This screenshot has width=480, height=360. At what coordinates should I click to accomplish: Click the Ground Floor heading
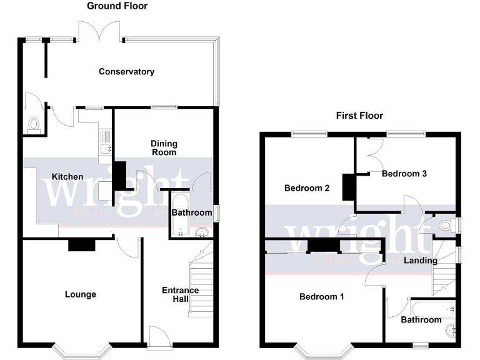(117, 6)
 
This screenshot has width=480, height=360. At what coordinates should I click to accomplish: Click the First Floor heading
(359, 116)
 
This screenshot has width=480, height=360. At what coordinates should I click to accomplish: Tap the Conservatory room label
(126, 72)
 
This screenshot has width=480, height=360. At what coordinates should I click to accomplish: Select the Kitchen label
(67, 177)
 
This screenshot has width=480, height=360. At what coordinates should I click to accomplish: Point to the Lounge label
(81, 294)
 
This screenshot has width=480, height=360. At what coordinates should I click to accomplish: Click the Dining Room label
(164, 147)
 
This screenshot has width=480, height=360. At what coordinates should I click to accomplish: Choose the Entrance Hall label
(180, 294)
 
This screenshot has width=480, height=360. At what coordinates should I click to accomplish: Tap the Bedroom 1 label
(321, 296)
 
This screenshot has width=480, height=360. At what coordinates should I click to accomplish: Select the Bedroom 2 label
(307, 187)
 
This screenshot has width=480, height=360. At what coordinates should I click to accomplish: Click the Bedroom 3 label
(404, 174)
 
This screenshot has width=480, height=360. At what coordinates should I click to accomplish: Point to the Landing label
(420, 260)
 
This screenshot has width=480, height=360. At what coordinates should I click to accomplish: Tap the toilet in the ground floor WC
(34, 125)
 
